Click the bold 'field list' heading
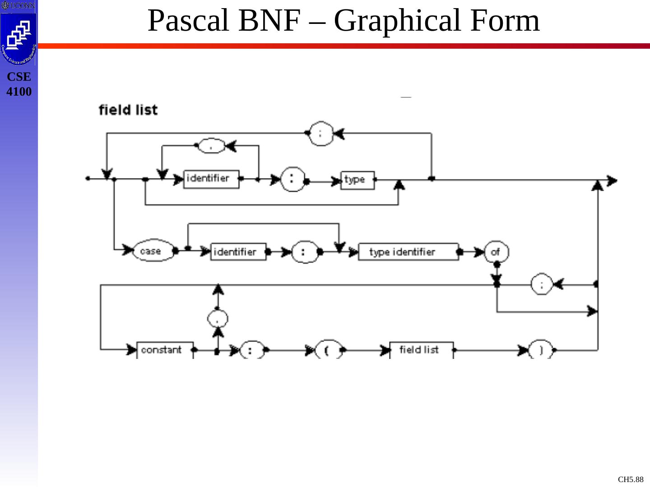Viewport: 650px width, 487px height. coord(128,110)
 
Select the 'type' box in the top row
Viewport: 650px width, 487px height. coord(357,180)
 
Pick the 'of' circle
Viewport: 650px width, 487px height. coord(496,252)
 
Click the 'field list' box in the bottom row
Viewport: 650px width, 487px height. coord(421,350)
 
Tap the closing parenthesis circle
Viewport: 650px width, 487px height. coord(540,350)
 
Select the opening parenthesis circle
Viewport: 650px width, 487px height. coord(328,350)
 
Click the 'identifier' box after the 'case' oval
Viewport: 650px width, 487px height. coord(238,252)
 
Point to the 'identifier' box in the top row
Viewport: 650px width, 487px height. coord(211,179)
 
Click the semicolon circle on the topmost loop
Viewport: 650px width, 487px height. coord(321,133)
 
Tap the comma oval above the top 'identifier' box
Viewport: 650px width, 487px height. coord(211,146)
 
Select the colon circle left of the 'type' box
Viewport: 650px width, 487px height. coord(292,179)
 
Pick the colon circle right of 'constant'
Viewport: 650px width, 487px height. coord(251,350)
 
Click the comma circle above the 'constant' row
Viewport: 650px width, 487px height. coord(218,319)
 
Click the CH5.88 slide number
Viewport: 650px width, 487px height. coord(630,479)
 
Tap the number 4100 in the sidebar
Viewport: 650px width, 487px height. coord(19,92)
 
